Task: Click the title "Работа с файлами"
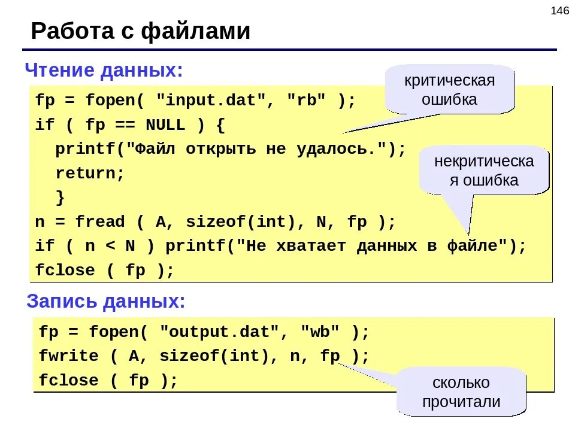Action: coord(140,31)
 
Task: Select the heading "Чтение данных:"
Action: coord(104,71)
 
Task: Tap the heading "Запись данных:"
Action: coord(106,301)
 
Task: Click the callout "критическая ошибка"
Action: coord(449,90)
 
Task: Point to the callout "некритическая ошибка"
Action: coord(483,171)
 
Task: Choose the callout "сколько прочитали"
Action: coord(461,392)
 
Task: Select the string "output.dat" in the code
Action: coord(220,331)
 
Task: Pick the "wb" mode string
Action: coord(320,331)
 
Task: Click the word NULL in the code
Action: coord(165,125)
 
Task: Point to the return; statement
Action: coord(90,174)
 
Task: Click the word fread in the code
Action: coord(100,222)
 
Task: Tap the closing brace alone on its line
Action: coord(60,198)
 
